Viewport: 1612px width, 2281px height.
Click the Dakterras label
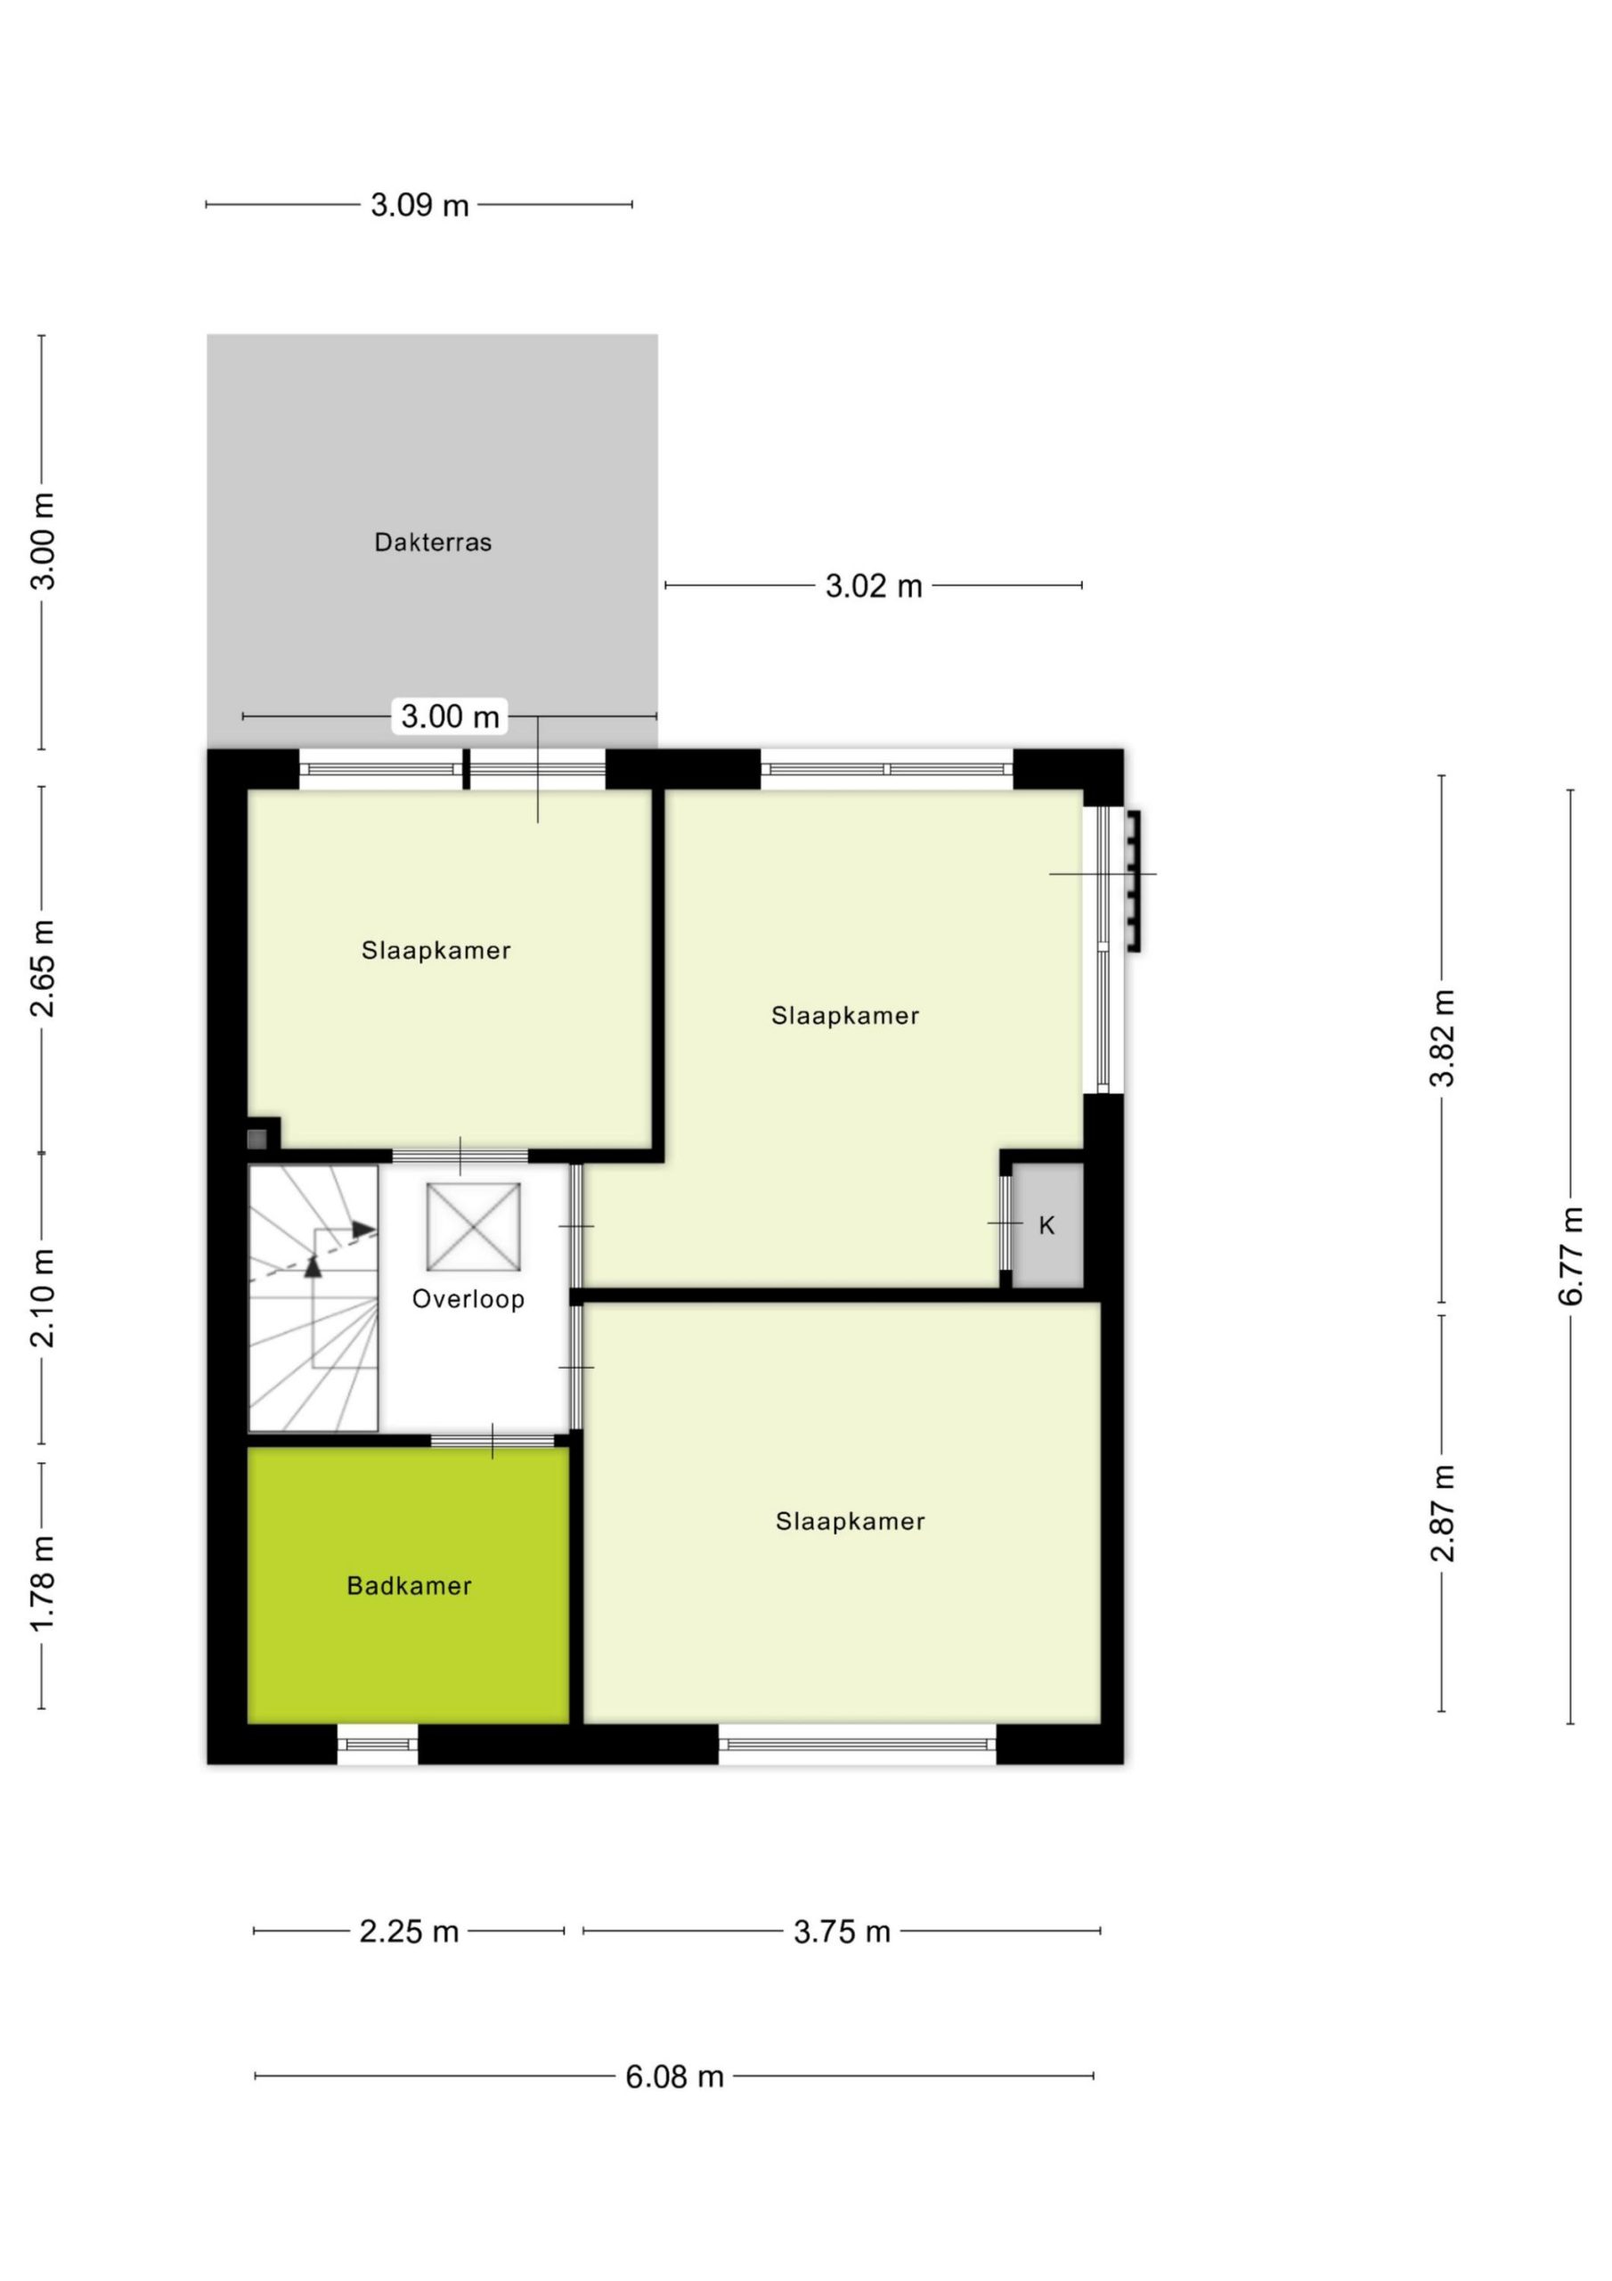click(432, 543)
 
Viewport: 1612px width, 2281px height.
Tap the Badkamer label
click(408, 1586)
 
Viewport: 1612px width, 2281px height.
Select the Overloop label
click(468, 1298)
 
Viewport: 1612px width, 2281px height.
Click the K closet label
click(1046, 1226)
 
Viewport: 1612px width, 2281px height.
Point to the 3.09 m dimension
click(419, 206)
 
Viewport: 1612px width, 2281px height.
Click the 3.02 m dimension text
click(873, 586)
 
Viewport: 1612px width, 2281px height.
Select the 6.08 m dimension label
click(673, 2076)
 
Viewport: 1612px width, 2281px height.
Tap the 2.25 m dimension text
click(408, 1932)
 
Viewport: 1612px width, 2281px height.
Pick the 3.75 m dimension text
click(842, 1932)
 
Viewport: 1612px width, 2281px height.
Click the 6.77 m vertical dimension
click(1570, 1256)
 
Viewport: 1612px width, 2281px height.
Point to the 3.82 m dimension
click(1442, 1038)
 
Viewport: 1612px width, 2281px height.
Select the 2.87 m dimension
click(1442, 1512)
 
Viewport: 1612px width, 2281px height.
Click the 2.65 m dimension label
click(42, 969)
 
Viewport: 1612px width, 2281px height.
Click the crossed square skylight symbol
click(473, 1227)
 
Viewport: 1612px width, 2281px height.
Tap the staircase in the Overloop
click(313, 1297)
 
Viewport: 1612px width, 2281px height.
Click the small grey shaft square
click(257, 1139)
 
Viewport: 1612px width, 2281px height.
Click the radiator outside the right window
click(1133, 881)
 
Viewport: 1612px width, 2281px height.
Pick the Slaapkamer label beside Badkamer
click(850, 1521)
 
